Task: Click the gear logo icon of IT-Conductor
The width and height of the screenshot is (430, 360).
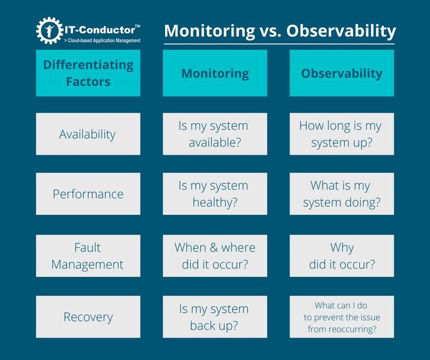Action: click(x=49, y=31)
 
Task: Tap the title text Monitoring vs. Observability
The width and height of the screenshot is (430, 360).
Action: click(x=280, y=31)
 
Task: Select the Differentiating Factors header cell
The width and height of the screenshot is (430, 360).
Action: click(x=88, y=73)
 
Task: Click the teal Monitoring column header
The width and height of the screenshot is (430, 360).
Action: click(x=215, y=73)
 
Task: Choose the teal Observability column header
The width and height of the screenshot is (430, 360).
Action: click(x=342, y=73)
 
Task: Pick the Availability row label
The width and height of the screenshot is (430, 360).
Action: click(x=88, y=134)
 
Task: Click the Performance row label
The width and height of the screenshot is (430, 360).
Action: click(x=88, y=194)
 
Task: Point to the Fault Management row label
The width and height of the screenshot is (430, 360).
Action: click(x=88, y=256)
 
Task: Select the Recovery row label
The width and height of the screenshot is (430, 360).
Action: click(x=88, y=317)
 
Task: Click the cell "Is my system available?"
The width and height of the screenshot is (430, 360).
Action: click(x=215, y=134)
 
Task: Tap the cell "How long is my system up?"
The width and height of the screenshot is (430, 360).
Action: click(x=342, y=134)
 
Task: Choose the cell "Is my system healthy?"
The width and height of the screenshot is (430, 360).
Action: click(x=215, y=194)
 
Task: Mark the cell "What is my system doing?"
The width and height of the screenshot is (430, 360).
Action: click(x=342, y=194)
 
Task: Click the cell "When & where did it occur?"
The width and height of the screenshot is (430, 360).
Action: click(x=215, y=256)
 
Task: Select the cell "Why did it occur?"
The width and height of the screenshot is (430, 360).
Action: click(x=342, y=256)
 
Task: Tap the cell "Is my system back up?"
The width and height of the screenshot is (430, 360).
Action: click(x=215, y=317)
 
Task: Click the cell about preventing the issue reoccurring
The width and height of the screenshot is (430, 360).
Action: click(x=342, y=317)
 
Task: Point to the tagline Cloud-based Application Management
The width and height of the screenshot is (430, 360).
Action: click(x=102, y=40)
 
